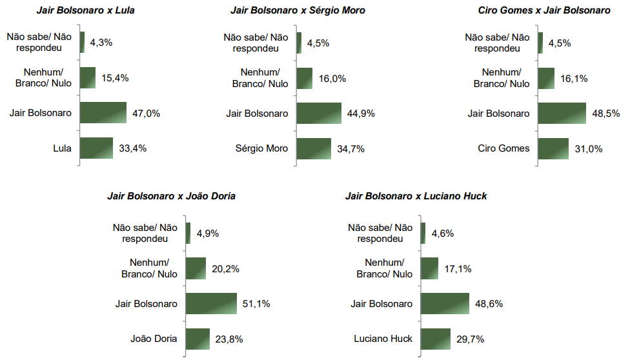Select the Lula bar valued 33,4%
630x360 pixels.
(96, 148)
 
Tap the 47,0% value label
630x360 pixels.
(146, 114)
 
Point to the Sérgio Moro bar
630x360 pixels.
(314, 148)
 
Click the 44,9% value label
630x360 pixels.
(361, 114)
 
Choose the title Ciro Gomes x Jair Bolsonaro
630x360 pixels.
(544, 10)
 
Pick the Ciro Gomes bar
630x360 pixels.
(553, 148)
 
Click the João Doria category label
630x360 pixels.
(153, 338)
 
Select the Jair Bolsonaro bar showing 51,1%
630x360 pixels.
(212, 303)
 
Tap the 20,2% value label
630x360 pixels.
(225, 268)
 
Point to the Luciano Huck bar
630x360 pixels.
(436, 338)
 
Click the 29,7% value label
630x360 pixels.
(470, 338)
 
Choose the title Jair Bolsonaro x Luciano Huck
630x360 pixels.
(416, 196)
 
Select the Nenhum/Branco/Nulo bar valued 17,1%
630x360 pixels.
(429, 268)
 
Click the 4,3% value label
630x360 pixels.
(101, 43)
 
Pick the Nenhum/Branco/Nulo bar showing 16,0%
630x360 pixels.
(305, 79)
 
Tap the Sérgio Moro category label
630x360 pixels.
(261, 148)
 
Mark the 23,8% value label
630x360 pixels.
(229, 338)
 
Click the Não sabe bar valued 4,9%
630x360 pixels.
(188, 234)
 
